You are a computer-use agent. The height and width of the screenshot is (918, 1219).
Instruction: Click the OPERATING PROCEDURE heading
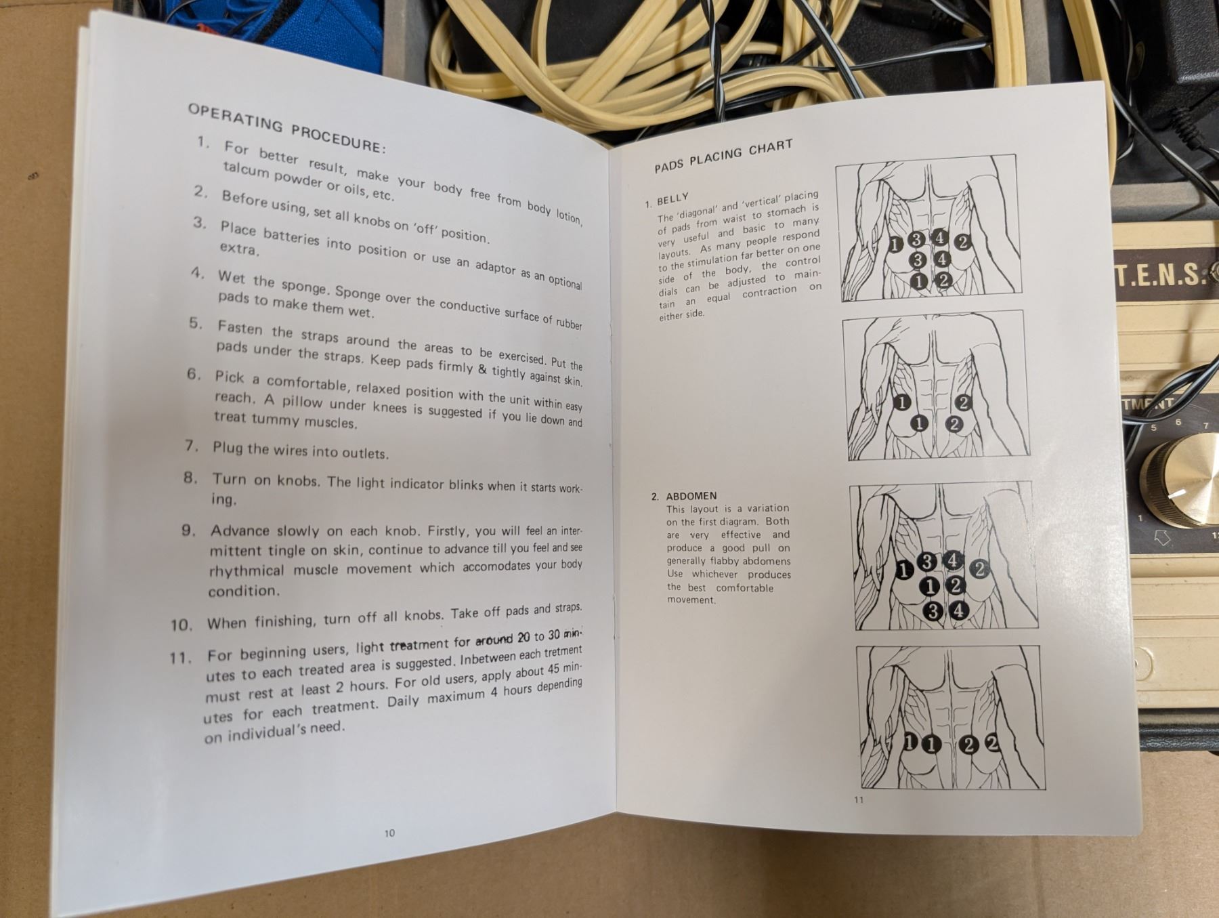[x=287, y=127]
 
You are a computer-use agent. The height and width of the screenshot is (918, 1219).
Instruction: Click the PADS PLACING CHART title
[x=723, y=156]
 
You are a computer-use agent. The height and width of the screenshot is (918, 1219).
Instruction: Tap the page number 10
[x=389, y=833]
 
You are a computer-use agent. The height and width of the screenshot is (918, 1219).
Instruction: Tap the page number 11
[x=859, y=799]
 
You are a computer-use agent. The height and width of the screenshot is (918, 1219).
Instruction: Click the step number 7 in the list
[x=191, y=446]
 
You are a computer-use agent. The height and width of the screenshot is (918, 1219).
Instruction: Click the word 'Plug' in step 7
[x=227, y=448]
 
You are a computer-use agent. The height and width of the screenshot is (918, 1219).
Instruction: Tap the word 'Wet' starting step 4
[x=232, y=277]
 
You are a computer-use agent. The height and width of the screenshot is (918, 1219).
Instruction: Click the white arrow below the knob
[x=1162, y=538]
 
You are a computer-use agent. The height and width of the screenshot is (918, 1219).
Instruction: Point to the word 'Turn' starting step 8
[x=229, y=479]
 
